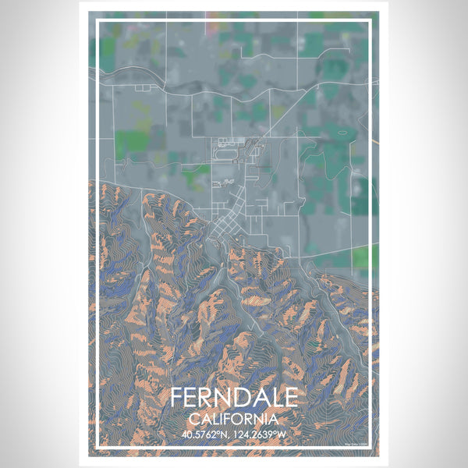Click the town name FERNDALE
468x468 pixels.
point(233,397)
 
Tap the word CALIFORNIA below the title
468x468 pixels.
point(233,419)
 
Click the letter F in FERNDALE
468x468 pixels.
point(177,397)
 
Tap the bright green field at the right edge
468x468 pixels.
point(363,257)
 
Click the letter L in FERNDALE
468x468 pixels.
point(274,397)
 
